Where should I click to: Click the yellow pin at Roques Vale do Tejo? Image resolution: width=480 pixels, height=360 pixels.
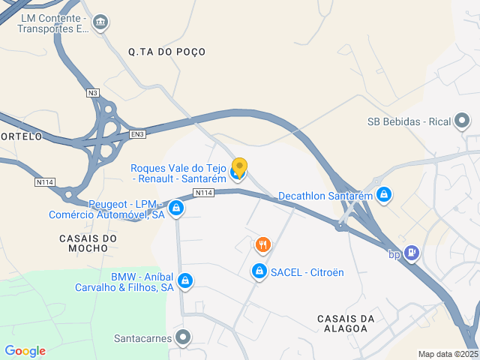[239, 167]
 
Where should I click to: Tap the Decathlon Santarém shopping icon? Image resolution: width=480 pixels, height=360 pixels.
[384, 195]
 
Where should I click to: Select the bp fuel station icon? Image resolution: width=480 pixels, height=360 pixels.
[412, 253]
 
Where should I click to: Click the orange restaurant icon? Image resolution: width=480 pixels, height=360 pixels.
[262, 244]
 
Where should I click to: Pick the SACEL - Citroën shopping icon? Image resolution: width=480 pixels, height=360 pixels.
[259, 271]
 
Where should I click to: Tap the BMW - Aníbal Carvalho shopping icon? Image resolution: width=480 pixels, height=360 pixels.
[185, 281]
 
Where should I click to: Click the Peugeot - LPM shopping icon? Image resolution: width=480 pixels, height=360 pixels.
[176, 208]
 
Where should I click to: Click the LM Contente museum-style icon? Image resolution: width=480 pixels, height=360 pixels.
[100, 22]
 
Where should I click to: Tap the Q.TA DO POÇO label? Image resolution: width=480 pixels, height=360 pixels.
[166, 52]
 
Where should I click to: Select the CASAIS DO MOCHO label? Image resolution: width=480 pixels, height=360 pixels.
[88, 244]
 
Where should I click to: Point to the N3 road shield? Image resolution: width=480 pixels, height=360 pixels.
[92, 93]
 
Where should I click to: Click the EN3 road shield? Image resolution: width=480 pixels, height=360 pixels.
[136, 134]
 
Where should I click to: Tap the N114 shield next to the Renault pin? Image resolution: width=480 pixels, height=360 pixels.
[205, 193]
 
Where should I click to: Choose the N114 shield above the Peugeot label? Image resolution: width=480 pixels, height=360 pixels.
[46, 182]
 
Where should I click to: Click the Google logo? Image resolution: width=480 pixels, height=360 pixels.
[25, 351]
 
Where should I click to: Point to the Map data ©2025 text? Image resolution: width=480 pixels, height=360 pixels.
[447, 354]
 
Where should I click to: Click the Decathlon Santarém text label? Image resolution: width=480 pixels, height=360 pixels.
[325, 196]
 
